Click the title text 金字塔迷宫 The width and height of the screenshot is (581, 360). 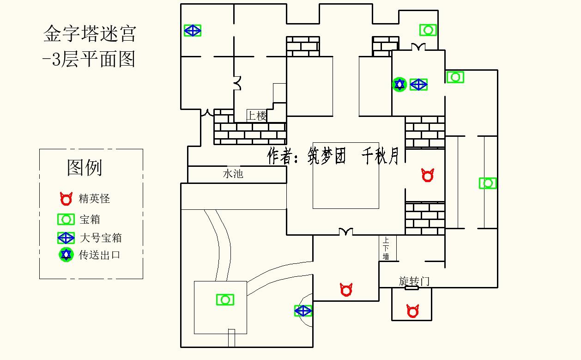[90, 34]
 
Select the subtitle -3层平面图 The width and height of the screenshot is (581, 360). [89, 59]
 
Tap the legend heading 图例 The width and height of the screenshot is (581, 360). [85, 167]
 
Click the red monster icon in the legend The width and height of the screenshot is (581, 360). [66, 199]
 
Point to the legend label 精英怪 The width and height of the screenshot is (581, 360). [94, 199]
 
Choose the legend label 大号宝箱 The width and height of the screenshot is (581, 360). [101, 238]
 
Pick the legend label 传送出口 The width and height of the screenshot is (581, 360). [100, 255]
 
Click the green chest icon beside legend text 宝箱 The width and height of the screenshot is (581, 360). [66, 220]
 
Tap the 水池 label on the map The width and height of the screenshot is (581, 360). [233, 174]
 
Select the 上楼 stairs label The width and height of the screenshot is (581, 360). [256, 116]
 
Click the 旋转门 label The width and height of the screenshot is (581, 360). [414, 281]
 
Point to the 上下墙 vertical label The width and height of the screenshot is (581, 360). [386, 248]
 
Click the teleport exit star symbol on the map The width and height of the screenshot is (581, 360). [399, 85]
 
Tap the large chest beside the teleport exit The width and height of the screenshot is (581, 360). [418, 85]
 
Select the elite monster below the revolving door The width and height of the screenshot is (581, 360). [413, 311]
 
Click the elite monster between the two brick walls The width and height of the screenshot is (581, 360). [428, 175]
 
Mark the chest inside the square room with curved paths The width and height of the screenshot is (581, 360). [225, 300]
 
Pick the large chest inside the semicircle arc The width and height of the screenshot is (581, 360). [303, 311]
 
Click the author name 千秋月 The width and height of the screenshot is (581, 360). [380, 156]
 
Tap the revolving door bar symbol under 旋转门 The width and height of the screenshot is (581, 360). [412, 288]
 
